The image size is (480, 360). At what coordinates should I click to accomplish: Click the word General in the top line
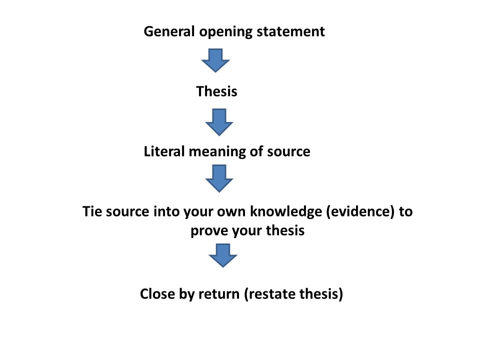169,31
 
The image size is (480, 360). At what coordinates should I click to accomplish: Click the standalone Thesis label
216,91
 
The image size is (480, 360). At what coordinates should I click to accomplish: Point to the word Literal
164,151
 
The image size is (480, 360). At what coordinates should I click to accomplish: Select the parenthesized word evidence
360,212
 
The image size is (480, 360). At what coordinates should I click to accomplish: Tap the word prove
209,231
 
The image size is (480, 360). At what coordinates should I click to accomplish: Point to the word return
219,294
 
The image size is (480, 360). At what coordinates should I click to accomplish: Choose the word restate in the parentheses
270,294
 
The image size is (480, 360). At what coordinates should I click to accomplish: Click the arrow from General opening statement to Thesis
215,60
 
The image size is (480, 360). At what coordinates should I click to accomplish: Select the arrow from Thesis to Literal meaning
219,122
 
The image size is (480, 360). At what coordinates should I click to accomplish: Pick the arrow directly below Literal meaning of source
219,178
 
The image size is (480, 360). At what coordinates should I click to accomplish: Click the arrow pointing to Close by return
223,255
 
